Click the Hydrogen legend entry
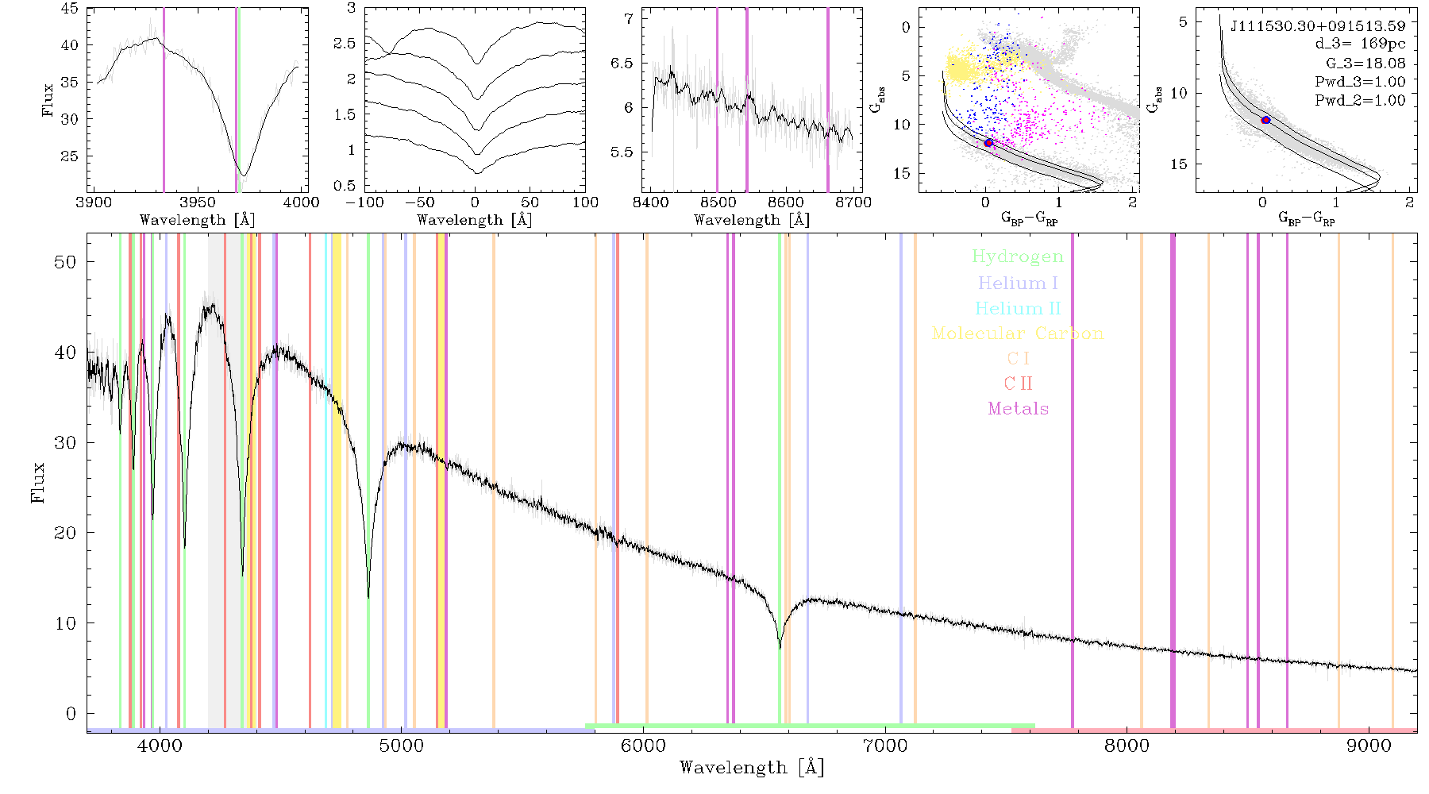[1018, 256]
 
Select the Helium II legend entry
[1018, 308]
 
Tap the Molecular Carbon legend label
[1018, 333]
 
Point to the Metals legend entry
[1018, 408]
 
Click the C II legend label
[1018, 384]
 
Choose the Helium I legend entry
[1018, 283]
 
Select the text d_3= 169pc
[1360, 44]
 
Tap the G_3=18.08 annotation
[1365, 63]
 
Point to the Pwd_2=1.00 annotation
[1360, 100]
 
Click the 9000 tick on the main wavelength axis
[1368, 746]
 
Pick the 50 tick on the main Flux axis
[65, 262]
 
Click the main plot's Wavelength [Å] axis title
[752, 768]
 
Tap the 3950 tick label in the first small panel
[197, 202]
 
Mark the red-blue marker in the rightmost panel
[1265, 120]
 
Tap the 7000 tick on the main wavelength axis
[884, 746]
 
